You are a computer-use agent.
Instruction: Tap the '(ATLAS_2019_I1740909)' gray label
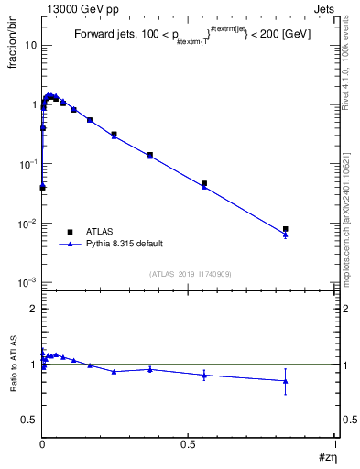(190, 274)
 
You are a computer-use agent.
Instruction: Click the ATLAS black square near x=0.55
(204, 183)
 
